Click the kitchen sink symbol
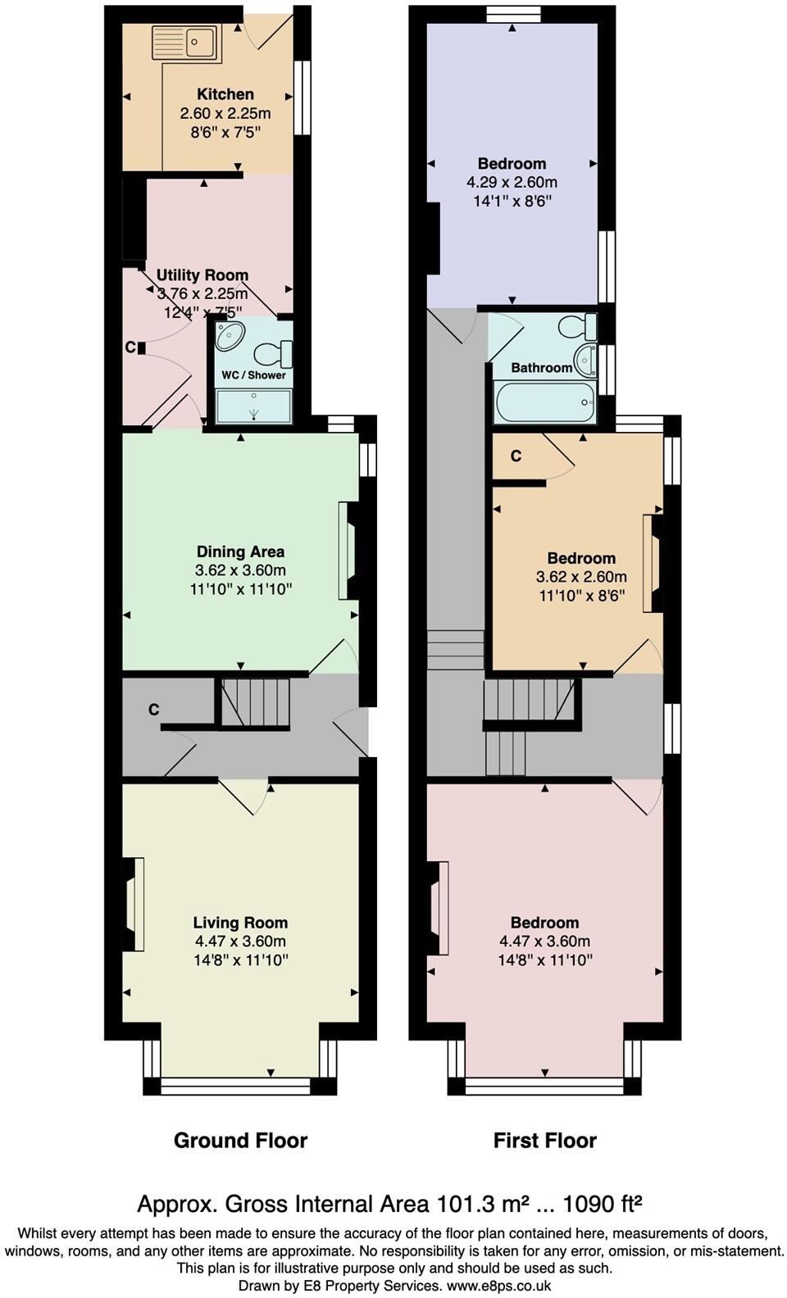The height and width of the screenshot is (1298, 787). [185, 43]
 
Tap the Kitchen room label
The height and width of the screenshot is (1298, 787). [225, 94]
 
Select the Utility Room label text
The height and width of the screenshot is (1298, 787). [202, 275]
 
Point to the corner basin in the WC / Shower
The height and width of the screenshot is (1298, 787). [230, 336]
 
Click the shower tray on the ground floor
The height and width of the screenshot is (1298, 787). [253, 406]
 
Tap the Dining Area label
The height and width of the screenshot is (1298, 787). [240, 551]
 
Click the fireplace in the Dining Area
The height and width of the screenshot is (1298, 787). [347, 551]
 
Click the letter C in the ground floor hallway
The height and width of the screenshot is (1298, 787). [153, 710]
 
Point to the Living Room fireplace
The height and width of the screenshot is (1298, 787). [134, 905]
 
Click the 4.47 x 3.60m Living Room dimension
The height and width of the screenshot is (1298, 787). [240, 942]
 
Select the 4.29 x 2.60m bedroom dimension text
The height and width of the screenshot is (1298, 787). [512, 182]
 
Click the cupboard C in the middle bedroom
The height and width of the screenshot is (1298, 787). [516, 456]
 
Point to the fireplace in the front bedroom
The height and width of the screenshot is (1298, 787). [439, 908]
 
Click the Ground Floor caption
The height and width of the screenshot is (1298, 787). [240, 1140]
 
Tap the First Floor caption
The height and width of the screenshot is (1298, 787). [544, 1140]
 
